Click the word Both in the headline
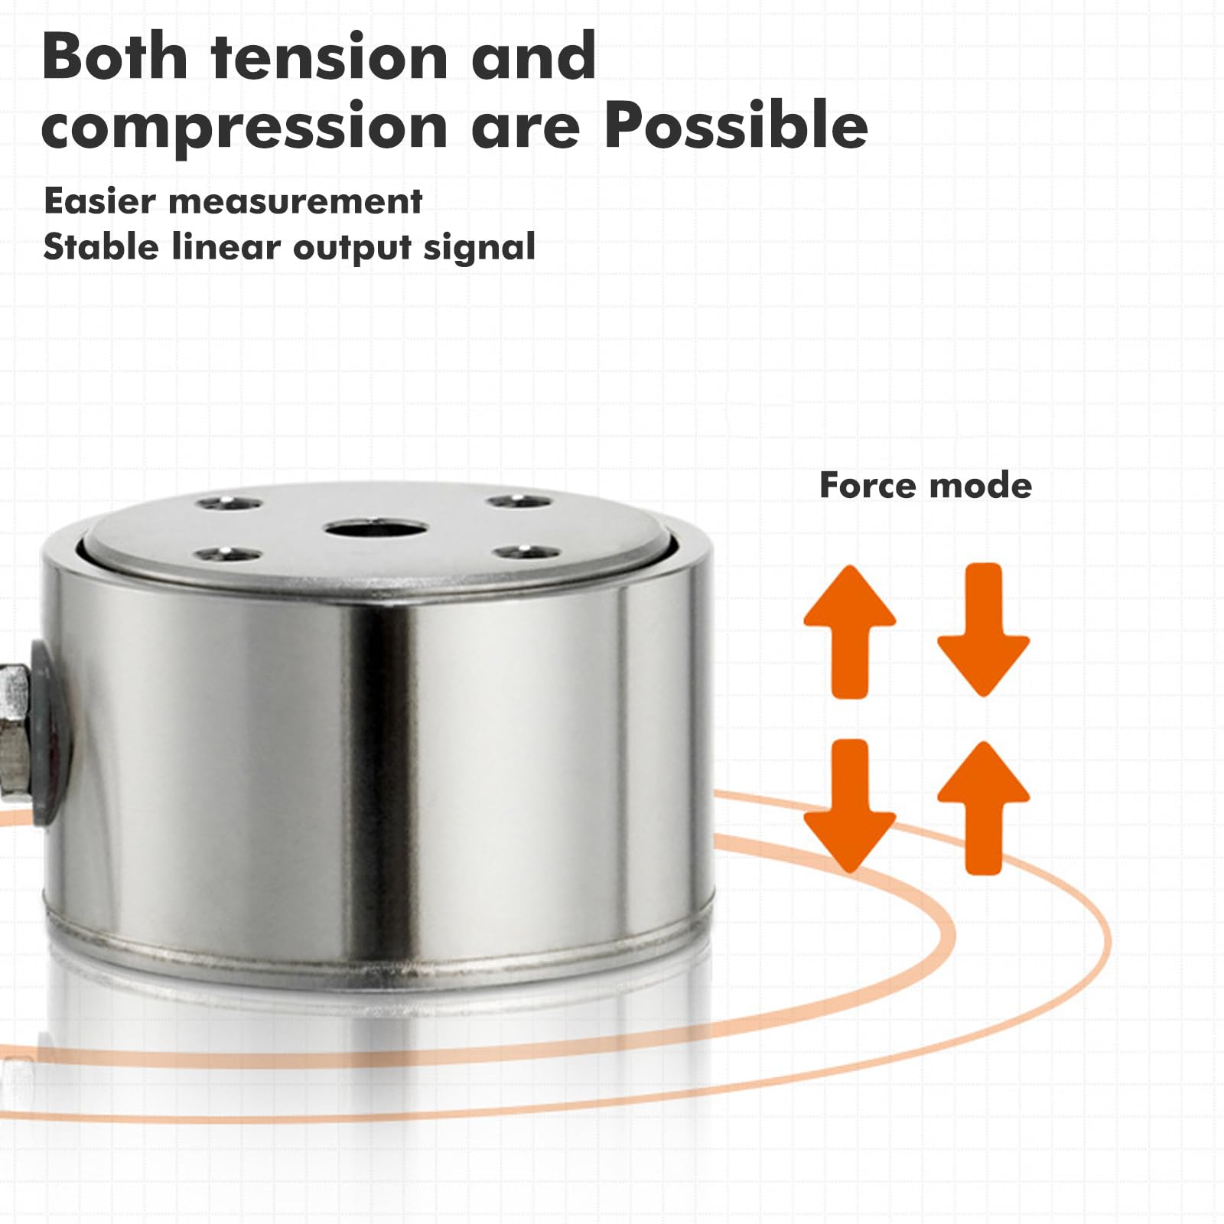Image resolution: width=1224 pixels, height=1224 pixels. click(115, 57)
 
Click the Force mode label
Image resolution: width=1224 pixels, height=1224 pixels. click(926, 486)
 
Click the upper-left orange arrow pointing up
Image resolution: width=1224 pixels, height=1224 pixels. click(849, 631)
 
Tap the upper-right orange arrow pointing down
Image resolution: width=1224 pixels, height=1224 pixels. click(984, 630)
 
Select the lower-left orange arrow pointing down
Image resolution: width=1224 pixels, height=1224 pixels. click(849, 805)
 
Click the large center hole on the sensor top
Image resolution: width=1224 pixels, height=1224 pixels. click(375, 529)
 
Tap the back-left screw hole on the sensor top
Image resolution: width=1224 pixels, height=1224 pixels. click(229, 504)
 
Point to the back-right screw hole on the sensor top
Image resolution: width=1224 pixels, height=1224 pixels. click(520, 502)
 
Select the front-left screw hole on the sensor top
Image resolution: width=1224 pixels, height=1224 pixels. click(226, 553)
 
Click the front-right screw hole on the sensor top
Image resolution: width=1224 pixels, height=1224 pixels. click(526, 552)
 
